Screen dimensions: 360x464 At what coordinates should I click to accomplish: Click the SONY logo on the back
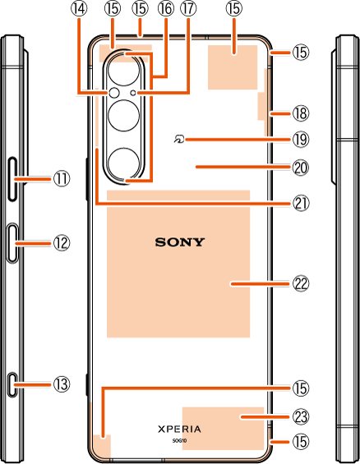coord(180,242)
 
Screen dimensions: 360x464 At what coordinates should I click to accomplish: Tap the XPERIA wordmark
coord(179,429)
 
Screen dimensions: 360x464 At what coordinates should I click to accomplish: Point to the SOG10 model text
coord(179,440)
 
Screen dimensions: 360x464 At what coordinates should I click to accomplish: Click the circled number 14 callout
coord(79,9)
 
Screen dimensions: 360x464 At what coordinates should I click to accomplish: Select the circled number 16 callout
coord(166,9)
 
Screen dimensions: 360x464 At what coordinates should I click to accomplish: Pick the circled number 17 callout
coord(188,9)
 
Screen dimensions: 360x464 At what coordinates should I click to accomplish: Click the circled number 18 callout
coord(301,113)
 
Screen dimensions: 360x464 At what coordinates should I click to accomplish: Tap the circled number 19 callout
coord(301,140)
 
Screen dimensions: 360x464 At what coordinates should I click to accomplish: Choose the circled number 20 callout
coord(301,168)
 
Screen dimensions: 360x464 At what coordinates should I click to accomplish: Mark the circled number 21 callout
coord(301,204)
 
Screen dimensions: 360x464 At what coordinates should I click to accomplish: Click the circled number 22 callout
coord(301,284)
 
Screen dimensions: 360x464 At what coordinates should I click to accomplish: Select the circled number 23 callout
coord(301,417)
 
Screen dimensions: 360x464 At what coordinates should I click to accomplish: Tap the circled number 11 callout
coord(62,179)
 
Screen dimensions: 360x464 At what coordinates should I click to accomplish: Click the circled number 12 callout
coord(62,243)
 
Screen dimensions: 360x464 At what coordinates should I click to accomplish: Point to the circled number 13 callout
coord(62,384)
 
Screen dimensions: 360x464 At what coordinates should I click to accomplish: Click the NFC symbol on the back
coord(179,138)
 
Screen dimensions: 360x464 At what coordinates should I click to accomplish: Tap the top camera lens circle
coord(124,71)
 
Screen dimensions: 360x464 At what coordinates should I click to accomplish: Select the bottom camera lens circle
coord(124,163)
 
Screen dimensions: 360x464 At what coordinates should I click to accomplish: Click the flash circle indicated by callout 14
coord(114,93)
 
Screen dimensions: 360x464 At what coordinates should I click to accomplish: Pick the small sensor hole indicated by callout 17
coord(133,93)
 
